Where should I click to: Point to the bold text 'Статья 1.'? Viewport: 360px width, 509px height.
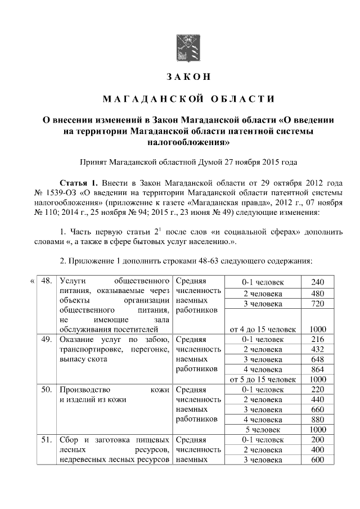click(x=79, y=183)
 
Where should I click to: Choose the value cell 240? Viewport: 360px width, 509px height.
click(x=318, y=282)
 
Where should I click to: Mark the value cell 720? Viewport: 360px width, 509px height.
click(x=318, y=304)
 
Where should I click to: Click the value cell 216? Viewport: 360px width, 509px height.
click(x=318, y=340)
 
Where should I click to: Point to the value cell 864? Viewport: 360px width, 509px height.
click(x=318, y=370)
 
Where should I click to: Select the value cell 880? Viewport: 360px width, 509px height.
click(x=318, y=420)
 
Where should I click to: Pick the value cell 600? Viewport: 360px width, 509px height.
click(x=318, y=461)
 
